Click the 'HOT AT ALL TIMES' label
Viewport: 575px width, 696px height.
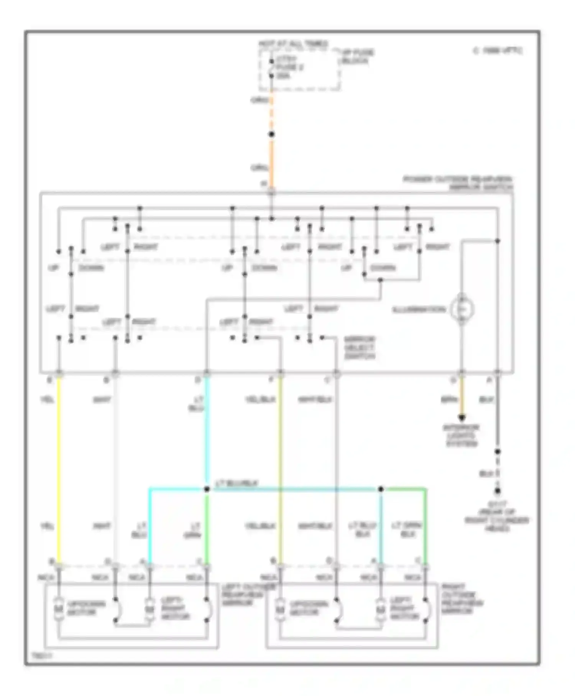coord(293,43)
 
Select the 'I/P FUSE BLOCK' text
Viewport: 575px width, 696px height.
coord(357,56)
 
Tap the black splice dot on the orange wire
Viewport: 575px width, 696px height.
coord(271,134)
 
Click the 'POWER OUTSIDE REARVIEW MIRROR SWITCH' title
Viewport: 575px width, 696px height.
coord(458,183)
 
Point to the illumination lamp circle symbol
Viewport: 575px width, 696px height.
coord(462,309)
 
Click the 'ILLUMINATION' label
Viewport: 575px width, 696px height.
coord(419,310)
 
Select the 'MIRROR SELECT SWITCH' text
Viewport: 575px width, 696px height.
coord(359,348)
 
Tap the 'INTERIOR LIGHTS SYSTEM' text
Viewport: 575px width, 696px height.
coord(461,435)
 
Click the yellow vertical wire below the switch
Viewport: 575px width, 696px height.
coord(59,460)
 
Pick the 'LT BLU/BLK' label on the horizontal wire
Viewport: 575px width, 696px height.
coord(237,484)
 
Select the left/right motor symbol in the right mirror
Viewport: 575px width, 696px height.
coord(380,609)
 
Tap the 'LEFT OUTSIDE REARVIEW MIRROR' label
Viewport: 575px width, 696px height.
coord(243,595)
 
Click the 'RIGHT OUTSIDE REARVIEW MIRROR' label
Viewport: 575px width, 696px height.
coord(462,599)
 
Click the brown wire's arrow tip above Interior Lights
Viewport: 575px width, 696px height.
coord(462,418)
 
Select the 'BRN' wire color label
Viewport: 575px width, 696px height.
coord(449,399)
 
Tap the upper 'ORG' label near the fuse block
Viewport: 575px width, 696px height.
coord(259,100)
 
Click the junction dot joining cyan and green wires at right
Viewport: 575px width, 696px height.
coord(381,489)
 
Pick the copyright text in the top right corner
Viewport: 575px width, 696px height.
coord(498,50)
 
